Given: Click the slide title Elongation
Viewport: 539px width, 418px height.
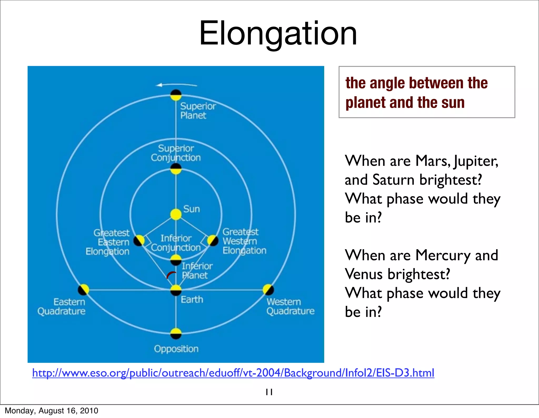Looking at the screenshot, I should click(278, 34).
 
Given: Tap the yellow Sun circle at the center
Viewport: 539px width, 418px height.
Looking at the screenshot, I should click(176, 214).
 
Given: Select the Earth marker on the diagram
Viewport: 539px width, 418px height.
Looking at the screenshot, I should click(176, 290).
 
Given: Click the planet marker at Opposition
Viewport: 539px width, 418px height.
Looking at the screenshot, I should click(176, 333).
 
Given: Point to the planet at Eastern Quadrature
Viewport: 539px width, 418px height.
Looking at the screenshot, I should click(83, 290).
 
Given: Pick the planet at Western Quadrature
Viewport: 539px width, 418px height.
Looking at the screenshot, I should click(268, 290).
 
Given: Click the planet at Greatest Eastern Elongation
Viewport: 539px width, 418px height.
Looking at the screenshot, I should click(139, 240).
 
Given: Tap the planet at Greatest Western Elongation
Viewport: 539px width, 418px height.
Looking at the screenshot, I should click(213, 240).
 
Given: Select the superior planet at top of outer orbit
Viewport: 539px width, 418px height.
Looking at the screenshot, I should click(176, 95).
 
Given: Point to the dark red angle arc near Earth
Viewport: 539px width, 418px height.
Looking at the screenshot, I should click(171, 274).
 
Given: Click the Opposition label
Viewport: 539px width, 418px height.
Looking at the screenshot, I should click(176, 349).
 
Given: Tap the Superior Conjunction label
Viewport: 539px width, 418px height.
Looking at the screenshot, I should click(176, 153).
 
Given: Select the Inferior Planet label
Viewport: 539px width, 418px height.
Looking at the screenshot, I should click(197, 271).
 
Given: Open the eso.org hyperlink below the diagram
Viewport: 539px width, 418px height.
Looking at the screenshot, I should click(233, 373).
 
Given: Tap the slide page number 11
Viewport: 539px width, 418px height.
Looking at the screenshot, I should click(269, 392).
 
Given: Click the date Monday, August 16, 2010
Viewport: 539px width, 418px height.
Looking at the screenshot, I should click(52, 411).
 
